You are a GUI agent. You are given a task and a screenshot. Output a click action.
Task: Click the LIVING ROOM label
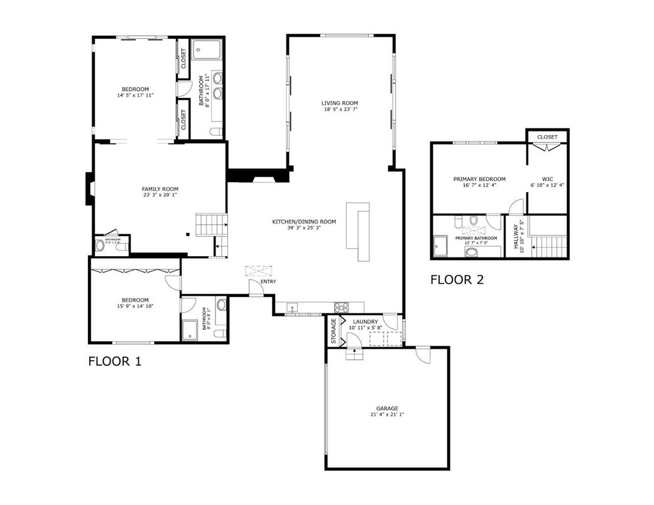pos(339,103)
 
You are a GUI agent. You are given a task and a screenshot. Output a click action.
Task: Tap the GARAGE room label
pos(387,408)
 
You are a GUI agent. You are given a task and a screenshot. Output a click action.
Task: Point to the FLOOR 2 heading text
pos(457,280)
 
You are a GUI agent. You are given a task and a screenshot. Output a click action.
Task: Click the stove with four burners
pos(341,307)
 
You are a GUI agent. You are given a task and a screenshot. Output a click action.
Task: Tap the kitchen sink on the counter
pos(293,307)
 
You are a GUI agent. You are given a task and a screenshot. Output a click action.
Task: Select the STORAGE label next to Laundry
pos(334,330)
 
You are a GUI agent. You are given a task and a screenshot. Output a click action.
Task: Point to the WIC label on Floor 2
pos(548,179)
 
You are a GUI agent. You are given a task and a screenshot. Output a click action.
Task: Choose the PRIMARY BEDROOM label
pos(479,179)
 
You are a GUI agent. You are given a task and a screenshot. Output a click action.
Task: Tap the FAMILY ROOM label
pos(160,188)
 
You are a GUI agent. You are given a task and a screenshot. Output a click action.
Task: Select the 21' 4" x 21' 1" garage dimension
pos(387,415)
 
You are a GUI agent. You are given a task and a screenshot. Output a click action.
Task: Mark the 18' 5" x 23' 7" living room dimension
pos(339,109)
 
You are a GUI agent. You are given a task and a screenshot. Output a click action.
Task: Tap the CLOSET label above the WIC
pos(547,136)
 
